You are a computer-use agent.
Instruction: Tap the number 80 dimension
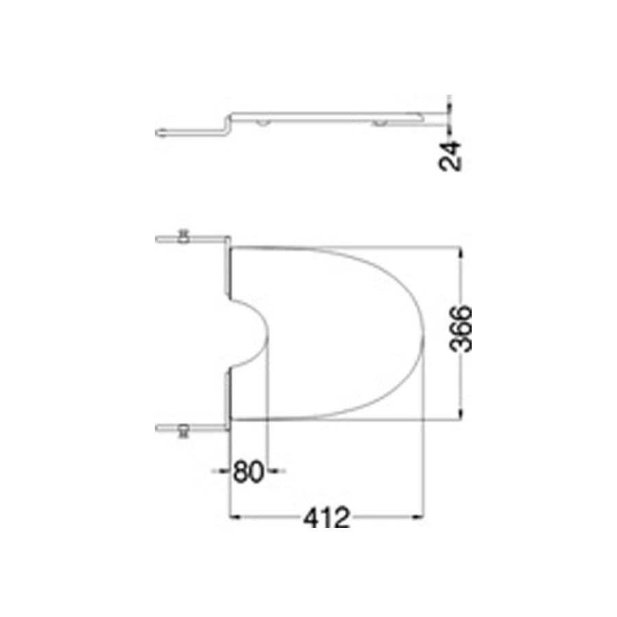coord(248,472)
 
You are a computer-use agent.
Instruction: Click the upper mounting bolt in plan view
coord(183,237)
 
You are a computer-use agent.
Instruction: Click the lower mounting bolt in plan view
coord(183,430)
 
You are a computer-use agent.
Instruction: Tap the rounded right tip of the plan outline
coord(420,332)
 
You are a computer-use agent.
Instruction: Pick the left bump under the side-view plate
coord(263,123)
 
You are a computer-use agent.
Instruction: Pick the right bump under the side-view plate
coord(379,123)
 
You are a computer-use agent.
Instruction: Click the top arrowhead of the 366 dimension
coord(460,252)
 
